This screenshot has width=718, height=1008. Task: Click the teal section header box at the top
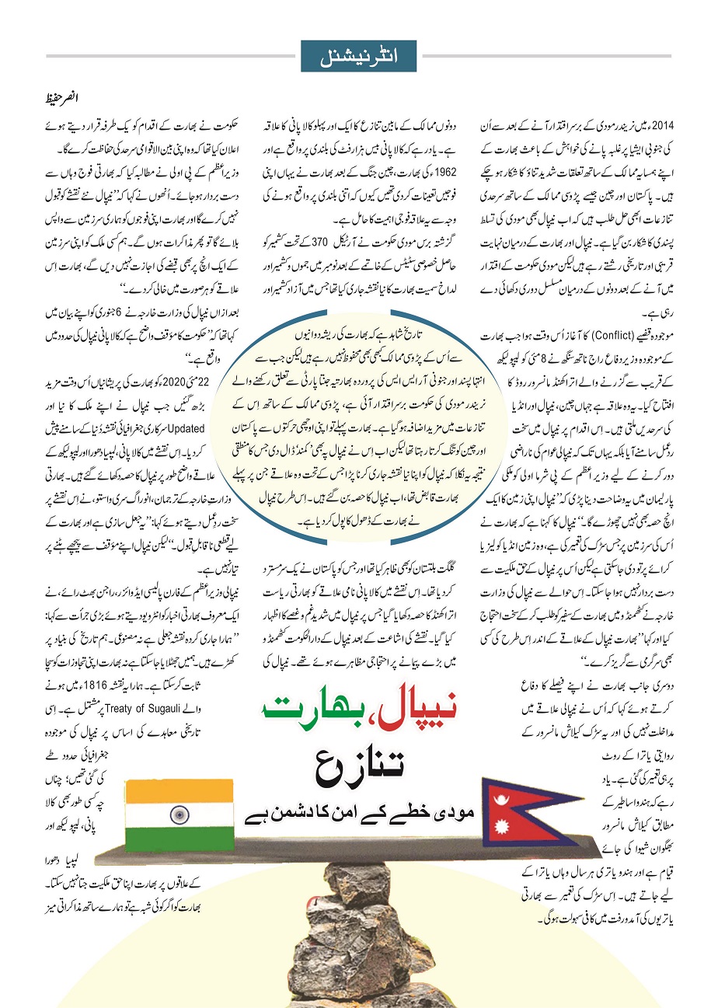click(359, 55)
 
